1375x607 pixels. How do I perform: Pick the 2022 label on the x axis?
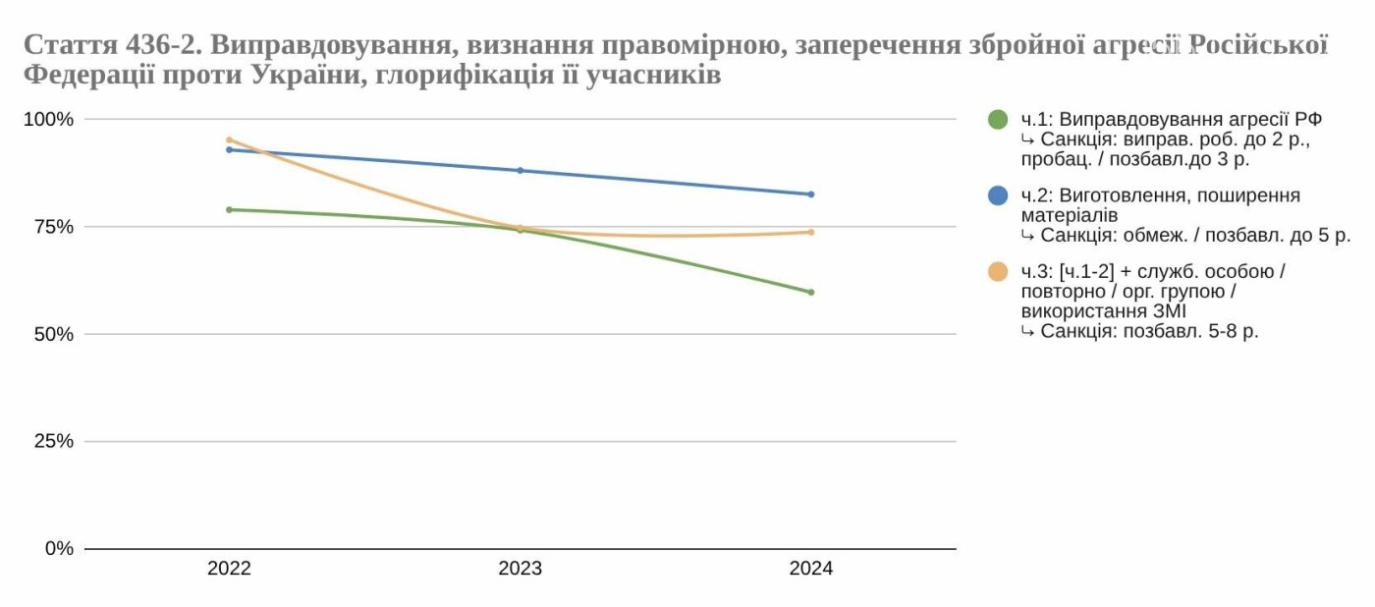(x=229, y=569)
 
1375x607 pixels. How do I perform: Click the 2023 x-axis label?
(x=520, y=569)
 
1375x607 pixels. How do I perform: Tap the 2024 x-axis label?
(x=810, y=569)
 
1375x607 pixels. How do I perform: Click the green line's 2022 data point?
(x=229, y=209)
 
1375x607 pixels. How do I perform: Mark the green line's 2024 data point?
(x=810, y=292)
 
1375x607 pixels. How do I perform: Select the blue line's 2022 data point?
(x=229, y=149)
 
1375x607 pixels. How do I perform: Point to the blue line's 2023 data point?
(x=520, y=170)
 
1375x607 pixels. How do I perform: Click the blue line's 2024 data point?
(x=810, y=194)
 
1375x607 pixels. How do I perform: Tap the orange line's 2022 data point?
(x=229, y=139)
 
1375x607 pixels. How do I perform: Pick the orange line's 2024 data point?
(x=810, y=232)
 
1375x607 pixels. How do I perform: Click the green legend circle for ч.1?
(x=998, y=120)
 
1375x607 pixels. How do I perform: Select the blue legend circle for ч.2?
(x=998, y=195)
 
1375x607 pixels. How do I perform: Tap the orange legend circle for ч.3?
(x=998, y=271)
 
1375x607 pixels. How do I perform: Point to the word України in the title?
(x=303, y=76)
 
